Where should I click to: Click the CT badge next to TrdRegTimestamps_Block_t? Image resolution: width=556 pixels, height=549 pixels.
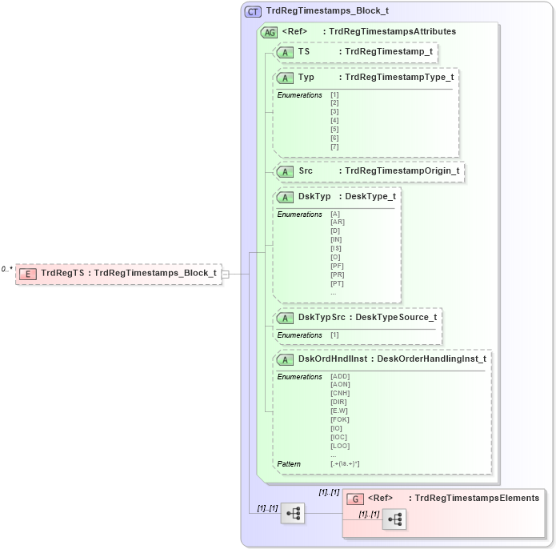point(253,11)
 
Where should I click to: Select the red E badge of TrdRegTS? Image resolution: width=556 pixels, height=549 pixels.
point(28,273)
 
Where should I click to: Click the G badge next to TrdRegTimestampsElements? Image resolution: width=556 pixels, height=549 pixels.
point(355,498)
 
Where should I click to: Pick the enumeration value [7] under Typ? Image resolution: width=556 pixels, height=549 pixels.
point(334,146)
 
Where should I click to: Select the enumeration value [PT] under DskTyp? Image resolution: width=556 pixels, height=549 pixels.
point(337,283)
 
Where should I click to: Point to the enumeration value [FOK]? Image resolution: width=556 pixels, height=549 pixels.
point(340,419)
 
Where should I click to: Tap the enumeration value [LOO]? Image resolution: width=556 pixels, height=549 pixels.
point(340,446)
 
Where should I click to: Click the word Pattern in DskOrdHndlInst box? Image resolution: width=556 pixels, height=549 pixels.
point(290,463)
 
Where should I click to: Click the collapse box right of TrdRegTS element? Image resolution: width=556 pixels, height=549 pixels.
point(226,274)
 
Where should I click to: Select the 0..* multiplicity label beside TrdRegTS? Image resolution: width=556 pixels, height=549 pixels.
point(7,270)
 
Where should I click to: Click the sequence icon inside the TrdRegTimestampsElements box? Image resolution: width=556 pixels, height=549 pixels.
point(394,519)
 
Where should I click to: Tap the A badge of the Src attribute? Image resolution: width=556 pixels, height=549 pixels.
point(285,171)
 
